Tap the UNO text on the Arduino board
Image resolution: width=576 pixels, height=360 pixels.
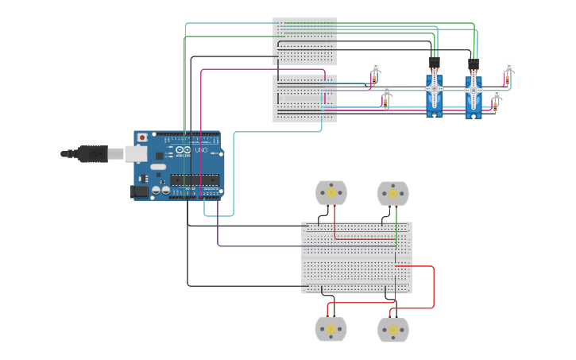point(201,150)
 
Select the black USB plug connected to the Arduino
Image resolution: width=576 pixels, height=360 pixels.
point(87,154)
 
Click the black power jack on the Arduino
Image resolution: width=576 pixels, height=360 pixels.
point(140,191)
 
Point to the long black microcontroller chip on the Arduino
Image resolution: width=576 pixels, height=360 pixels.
point(194,180)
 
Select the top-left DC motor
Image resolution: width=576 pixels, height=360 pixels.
point(331,193)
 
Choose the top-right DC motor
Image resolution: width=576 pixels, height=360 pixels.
point(392,193)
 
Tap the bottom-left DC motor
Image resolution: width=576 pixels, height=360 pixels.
point(331,329)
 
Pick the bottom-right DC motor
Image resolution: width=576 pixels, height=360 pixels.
point(392,329)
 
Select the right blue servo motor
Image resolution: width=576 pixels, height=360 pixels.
point(474,94)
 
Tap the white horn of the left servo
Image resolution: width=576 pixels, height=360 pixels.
point(435,90)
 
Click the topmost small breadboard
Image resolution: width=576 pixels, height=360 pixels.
point(305,41)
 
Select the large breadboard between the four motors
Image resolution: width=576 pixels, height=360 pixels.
point(357,257)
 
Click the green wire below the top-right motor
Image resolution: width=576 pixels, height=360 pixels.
point(397,226)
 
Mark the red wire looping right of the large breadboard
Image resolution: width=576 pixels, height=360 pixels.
point(433,286)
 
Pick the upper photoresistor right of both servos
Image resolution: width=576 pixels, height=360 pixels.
point(508,73)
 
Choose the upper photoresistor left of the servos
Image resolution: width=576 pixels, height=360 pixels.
point(376,73)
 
